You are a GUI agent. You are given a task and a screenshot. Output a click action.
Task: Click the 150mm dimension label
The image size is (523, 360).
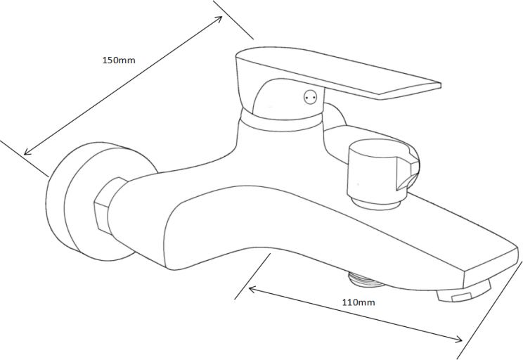[x=119, y=60]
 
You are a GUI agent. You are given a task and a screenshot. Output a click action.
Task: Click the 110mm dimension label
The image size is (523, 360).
[x=359, y=302]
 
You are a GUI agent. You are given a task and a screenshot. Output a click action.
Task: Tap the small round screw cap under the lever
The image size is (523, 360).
[x=310, y=97]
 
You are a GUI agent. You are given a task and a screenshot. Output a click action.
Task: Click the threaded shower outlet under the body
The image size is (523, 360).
[x=366, y=279]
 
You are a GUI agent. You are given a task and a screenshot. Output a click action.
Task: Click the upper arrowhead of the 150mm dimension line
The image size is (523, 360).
[x=219, y=18]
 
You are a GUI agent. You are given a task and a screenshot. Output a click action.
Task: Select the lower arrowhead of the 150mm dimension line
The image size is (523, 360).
[x=27, y=153]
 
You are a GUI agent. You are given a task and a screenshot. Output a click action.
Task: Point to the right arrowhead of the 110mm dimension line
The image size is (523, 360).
[x=459, y=340]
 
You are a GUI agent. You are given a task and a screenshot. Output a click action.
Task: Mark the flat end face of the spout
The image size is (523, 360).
[x=491, y=267]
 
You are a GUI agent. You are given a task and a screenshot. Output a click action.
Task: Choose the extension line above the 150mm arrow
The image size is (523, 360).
[x=233, y=20]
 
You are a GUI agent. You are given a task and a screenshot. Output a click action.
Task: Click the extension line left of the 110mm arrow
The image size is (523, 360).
[x=252, y=276]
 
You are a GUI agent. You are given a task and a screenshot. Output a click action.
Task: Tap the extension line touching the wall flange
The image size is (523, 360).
[x=24, y=158]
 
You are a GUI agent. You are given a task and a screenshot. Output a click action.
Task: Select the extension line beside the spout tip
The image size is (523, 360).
[x=490, y=310]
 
